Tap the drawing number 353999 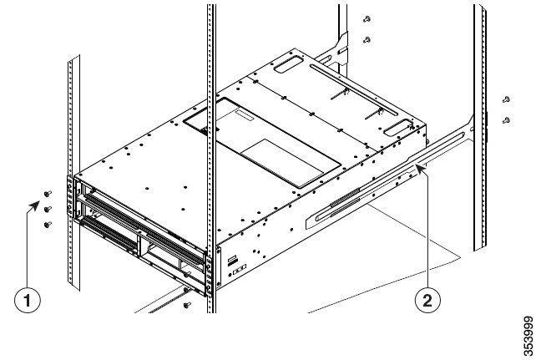click(523, 333)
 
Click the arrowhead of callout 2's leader click(425, 166)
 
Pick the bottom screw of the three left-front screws click(47, 224)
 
